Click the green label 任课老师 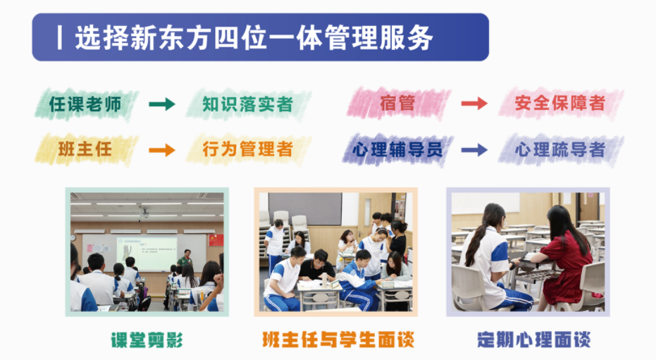(x=86, y=105)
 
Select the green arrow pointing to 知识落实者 (x=162, y=105)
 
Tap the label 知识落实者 (x=247, y=105)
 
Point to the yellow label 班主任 (x=85, y=149)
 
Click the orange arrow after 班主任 (x=162, y=149)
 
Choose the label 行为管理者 (x=247, y=149)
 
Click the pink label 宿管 (x=397, y=104)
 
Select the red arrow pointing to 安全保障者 (x=474, y=104)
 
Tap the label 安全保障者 (x=560, y=104)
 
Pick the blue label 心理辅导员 (x=398, y=149)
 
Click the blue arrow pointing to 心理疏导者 (x=474, y=149)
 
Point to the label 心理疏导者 (x=560, y=149)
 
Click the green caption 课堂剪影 (x=147, y=341)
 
